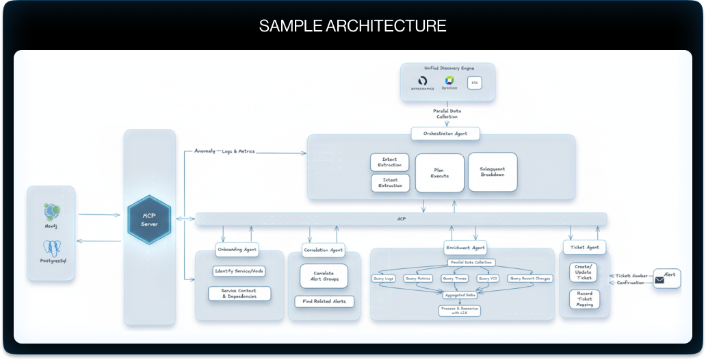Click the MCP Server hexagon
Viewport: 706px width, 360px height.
click(149, 220)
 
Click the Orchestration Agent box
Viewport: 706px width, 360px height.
click(445, 133)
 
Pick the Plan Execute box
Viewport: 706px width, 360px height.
click(440, 172)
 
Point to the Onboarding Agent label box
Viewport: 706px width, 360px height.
click(237, 250)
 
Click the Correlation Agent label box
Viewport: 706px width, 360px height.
click(324, 250)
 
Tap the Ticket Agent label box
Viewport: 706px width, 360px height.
click(584, 247)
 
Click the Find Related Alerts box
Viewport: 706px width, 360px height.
click(324, 301)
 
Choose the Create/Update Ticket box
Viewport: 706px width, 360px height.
click(584, 272)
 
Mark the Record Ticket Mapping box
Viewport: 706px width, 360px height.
click(584, 299)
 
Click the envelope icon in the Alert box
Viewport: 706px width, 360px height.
click(660, 280)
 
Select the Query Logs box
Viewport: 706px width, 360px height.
click(384, 279)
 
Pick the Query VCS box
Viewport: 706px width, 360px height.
click(488, 279)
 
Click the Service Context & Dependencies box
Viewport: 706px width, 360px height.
click(239, 294)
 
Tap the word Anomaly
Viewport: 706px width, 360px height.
click(205, 151)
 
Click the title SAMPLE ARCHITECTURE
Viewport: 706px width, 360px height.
click(352, 26)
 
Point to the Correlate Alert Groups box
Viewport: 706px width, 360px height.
click(324, 276)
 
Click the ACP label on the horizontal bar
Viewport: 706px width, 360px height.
click(402, 220)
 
